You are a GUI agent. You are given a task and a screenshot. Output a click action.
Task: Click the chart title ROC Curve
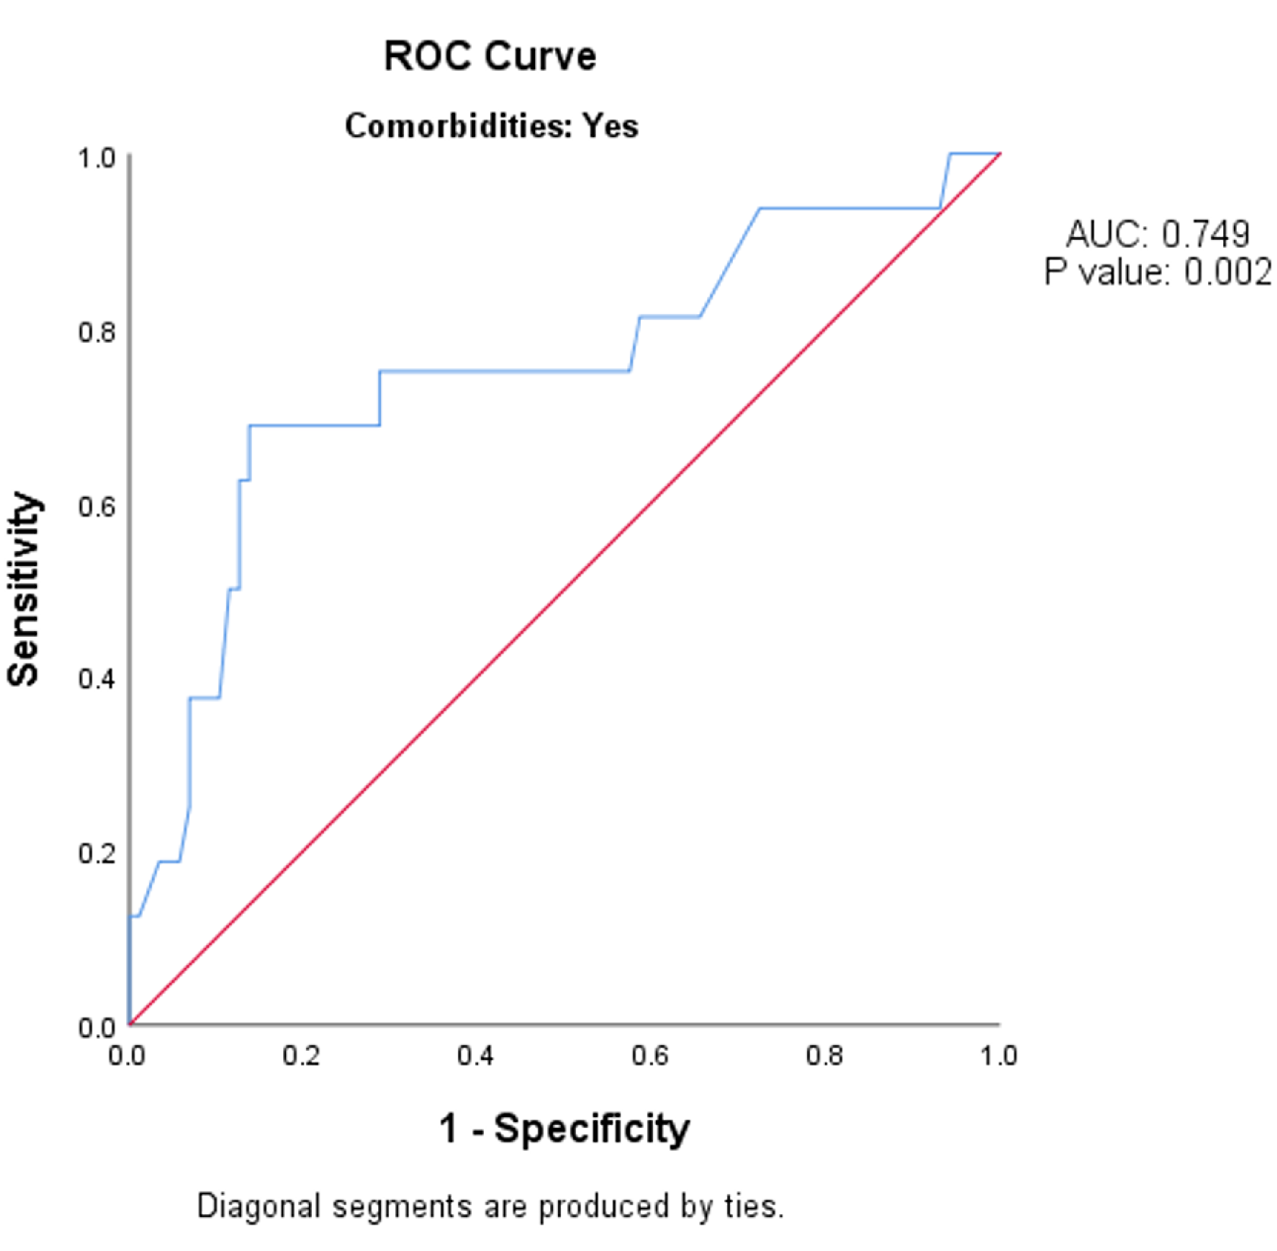490,57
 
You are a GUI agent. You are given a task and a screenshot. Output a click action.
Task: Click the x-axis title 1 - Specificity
564,1129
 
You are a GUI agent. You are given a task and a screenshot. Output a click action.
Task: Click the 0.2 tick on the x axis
302,1056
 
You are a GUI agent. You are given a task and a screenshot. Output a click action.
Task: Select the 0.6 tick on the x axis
650,1056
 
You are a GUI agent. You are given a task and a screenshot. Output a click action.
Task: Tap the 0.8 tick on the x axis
824,1056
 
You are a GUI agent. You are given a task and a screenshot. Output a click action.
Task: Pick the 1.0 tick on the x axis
998,1056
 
